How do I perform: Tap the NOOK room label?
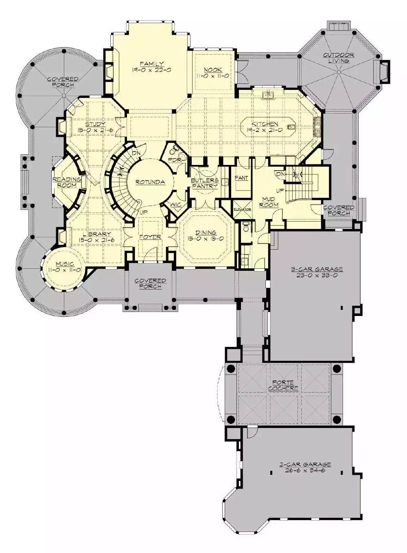[213, 70]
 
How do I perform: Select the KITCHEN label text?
[265, 124]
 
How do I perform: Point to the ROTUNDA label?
[150, 182]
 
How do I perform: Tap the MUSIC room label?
[65, 264]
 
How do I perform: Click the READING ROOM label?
[66, 182]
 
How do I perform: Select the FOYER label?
[150, 237]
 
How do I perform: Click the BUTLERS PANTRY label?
[205, 183]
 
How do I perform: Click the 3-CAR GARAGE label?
[317, 270]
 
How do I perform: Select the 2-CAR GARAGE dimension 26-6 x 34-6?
[305, 470]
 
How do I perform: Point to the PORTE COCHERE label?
[283, 386]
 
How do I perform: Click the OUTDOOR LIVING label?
[339, 57]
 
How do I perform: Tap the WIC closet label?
[176, 204]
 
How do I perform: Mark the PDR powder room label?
[175, 160]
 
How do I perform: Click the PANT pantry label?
[242, 178]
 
